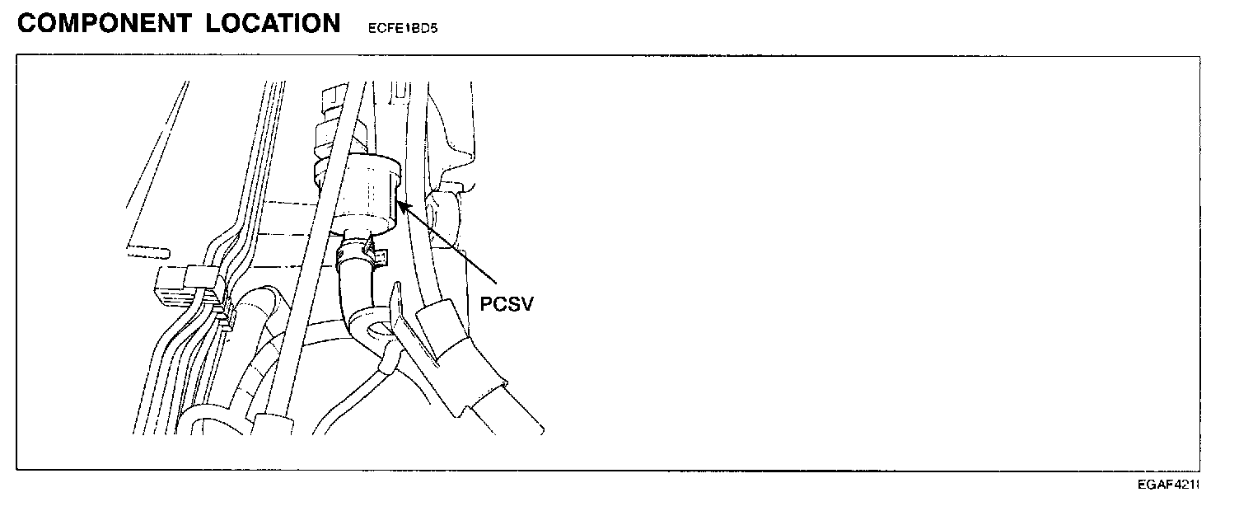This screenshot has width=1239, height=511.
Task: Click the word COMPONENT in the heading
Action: (104, 23)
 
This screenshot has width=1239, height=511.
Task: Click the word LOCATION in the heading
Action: (274, 23)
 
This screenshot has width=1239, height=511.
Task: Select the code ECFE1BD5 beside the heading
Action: (403, 26)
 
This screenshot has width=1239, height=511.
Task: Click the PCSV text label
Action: (507, 304)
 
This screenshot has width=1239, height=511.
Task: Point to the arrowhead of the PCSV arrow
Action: (400, 203)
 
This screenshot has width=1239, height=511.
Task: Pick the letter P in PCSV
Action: (486, 304)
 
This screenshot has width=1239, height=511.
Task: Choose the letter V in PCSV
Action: (527, 304)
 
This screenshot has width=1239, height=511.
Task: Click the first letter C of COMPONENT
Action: (27, 23)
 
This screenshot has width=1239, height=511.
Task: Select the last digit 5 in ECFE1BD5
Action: (434, 26)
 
